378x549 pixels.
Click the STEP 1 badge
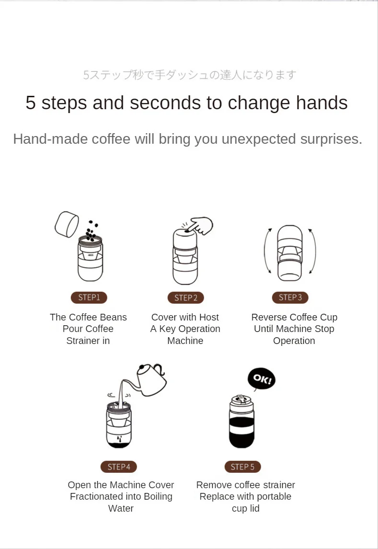(89, 297)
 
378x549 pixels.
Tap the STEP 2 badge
(186, 297)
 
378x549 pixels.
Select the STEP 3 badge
(290, 297)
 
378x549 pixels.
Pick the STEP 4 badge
(119, 467)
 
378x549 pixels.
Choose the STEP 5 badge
(242, 467)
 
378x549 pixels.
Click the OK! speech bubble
(262, 379)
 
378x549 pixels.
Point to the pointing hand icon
(200, 226)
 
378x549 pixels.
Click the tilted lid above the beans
(67, 224)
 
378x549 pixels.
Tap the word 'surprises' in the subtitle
(329, 139)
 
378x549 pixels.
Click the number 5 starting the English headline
(31, 103)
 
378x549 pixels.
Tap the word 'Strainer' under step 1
(83, 341)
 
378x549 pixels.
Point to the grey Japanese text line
(189, 75)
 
